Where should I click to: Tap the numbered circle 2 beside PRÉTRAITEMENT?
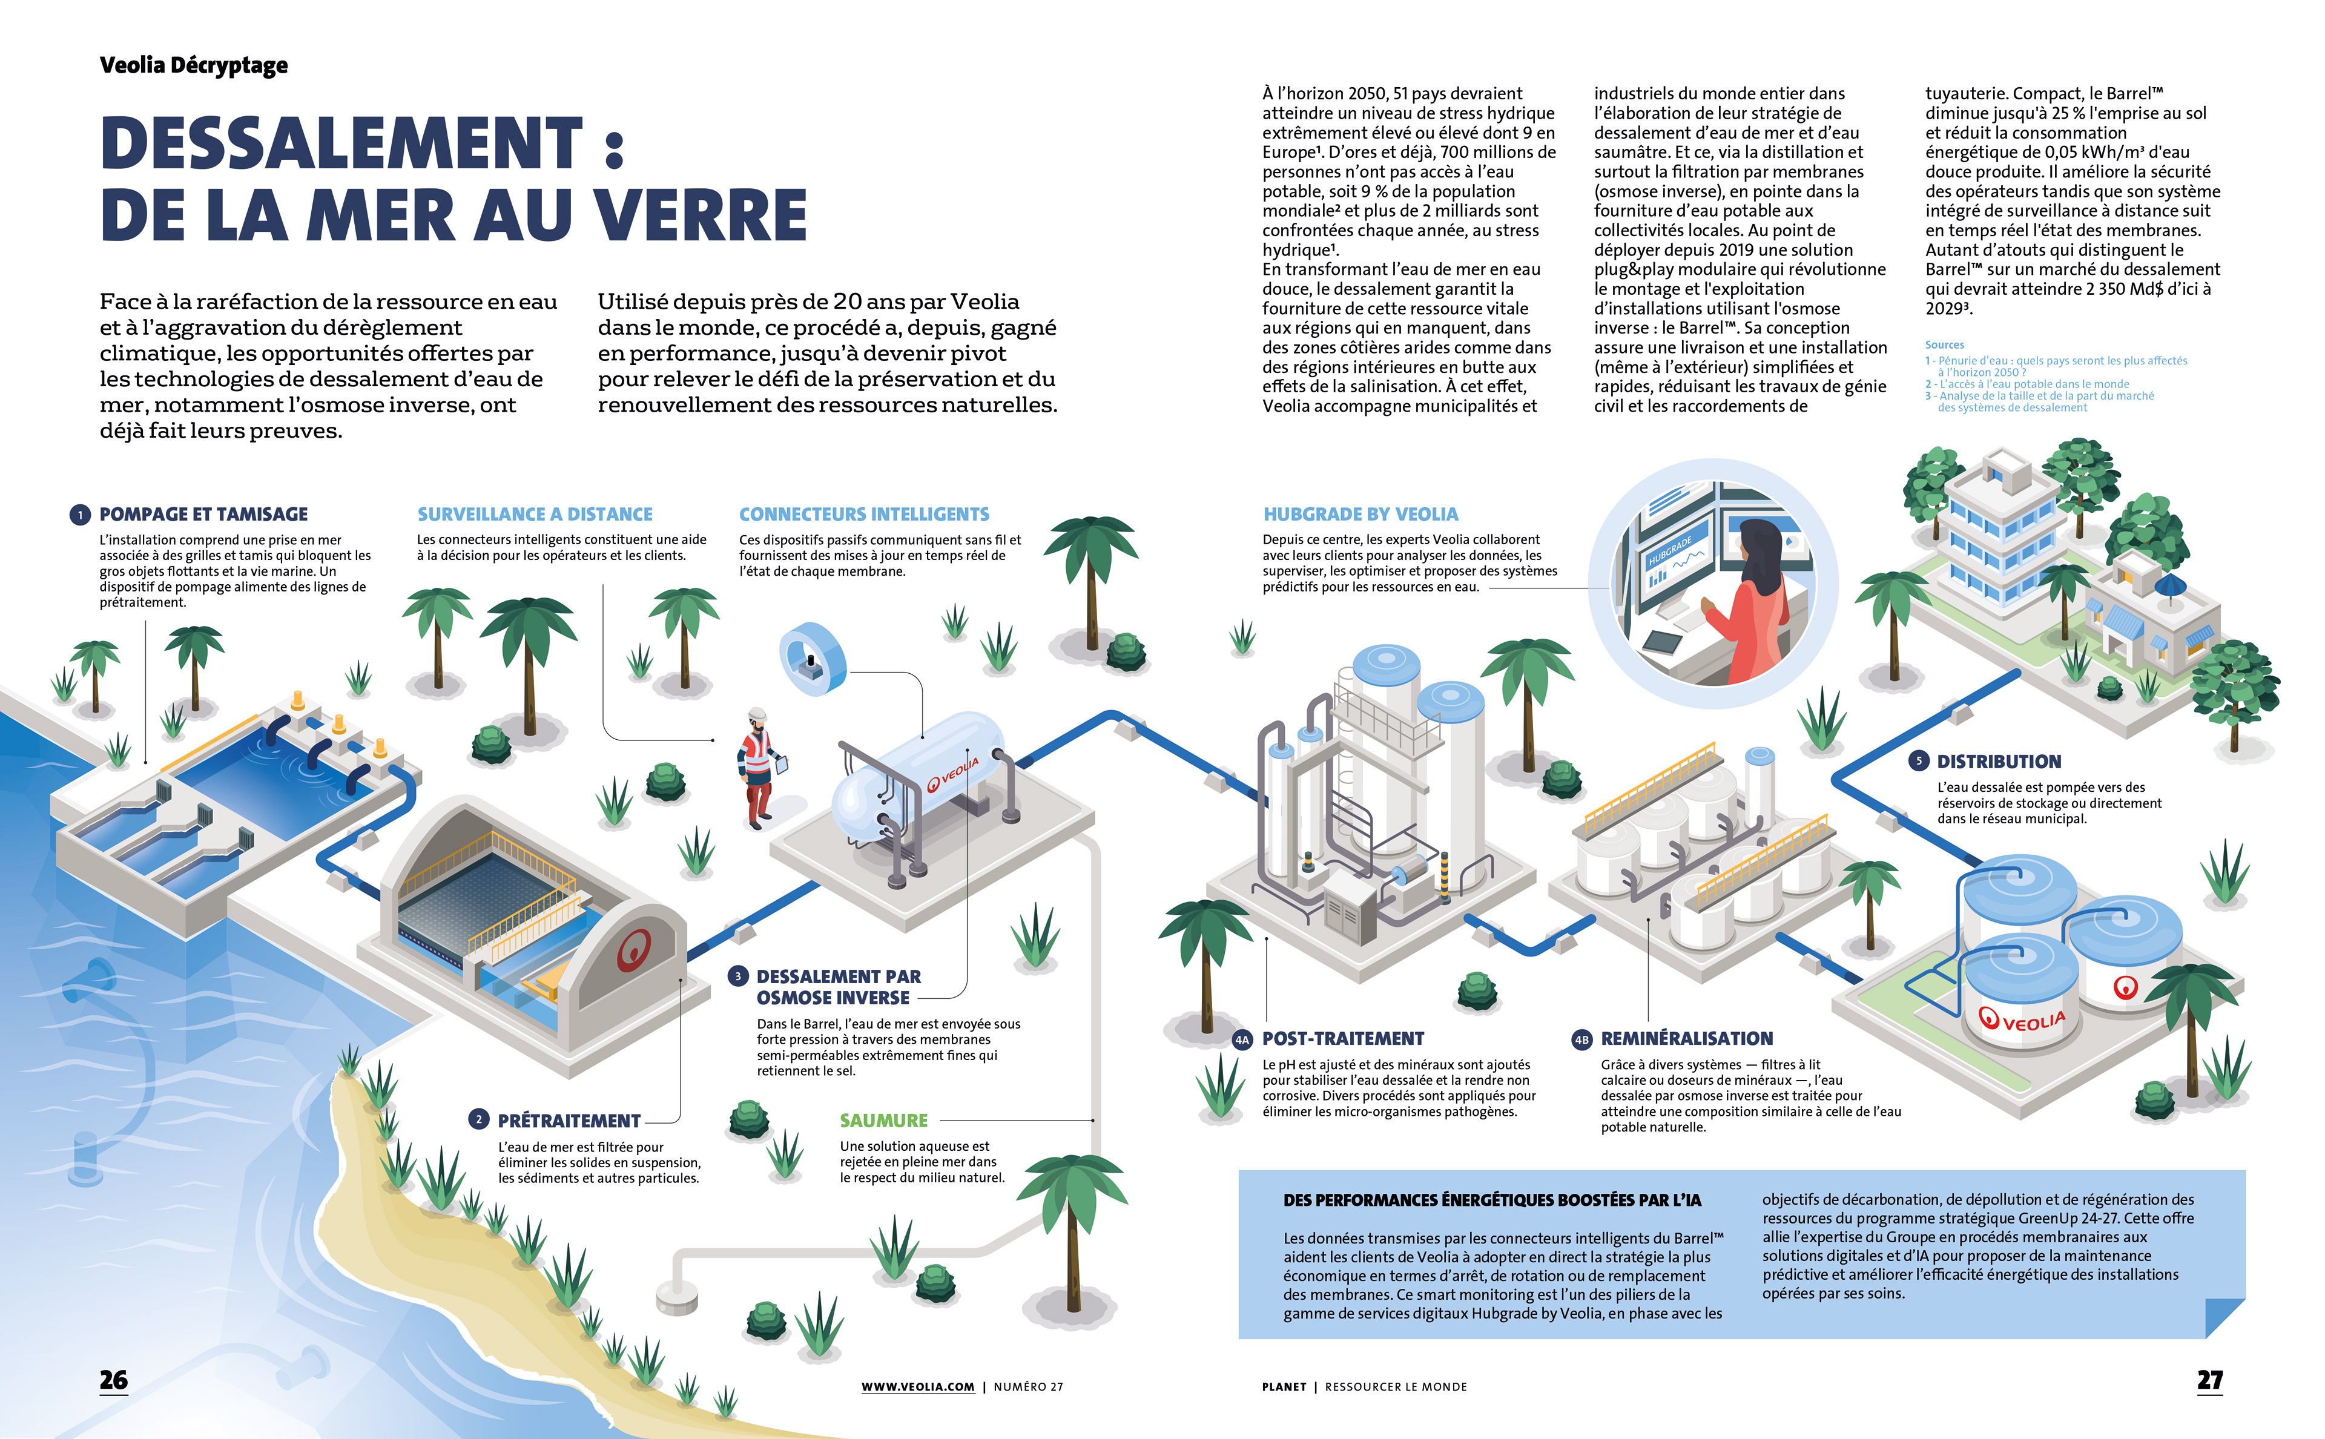click(479, 1119)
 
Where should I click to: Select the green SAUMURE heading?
click(883, 1120)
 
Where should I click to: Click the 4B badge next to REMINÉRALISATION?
click(1581, 1039)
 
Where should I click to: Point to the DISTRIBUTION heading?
click(1999, 762)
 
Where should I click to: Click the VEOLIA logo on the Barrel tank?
click(952, 774)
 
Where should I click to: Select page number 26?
click(113, 1380)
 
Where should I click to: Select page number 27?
click(2209, 1380)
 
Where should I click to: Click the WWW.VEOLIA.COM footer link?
click(917, 1387)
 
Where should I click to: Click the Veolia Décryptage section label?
click(193, 65)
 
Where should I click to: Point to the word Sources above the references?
click(1944, 344)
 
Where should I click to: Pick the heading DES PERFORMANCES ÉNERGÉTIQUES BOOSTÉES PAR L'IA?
click(1491, 1200)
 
